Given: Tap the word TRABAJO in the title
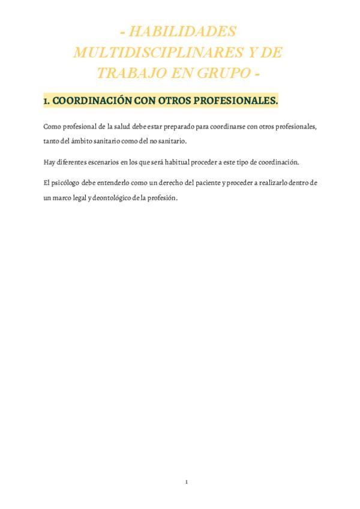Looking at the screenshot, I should (125, 73).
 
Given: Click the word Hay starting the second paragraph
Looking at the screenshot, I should (49, 162).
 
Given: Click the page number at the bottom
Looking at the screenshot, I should (187, 482).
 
